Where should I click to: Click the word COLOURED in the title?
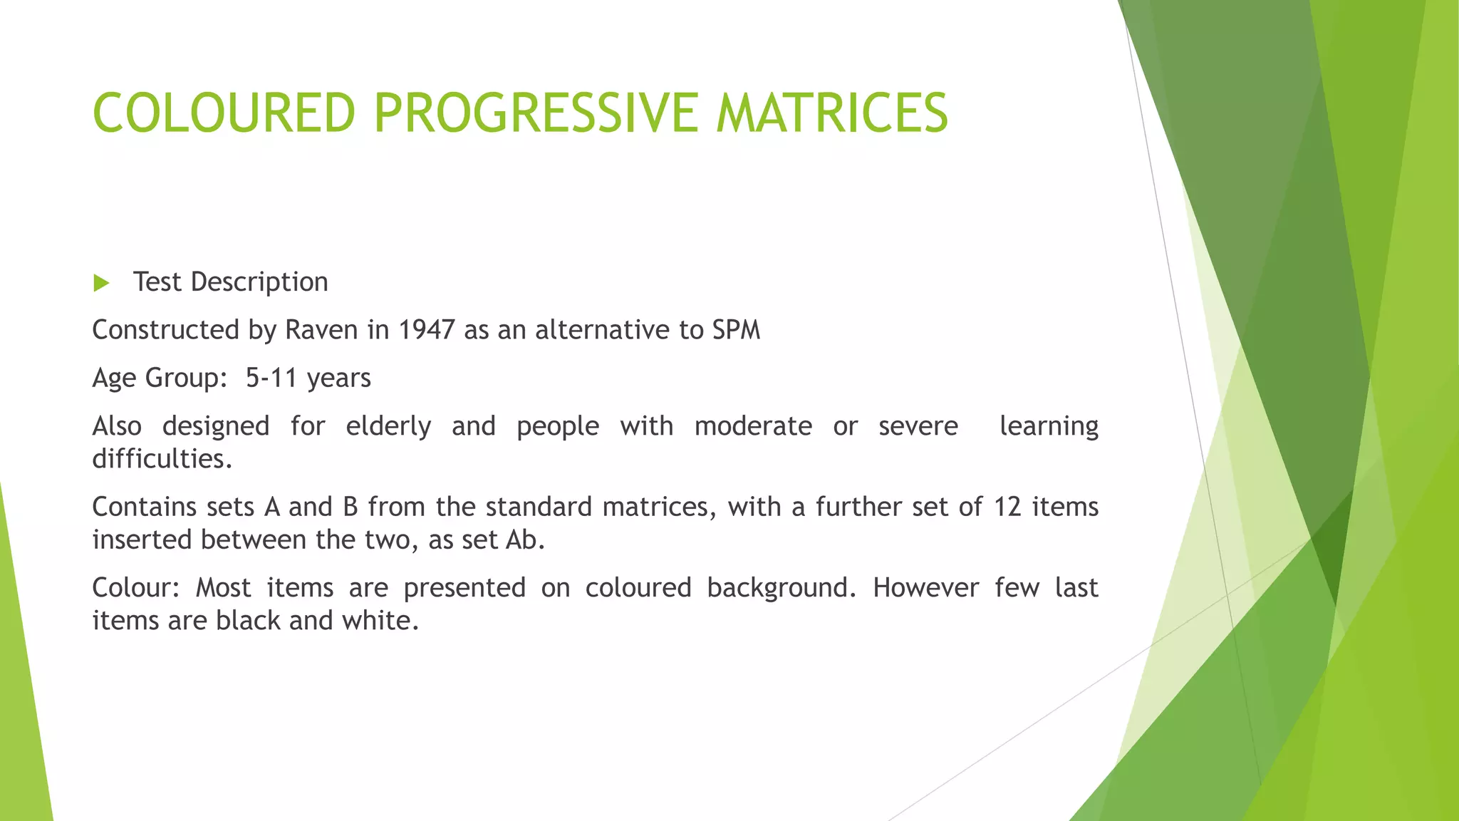[x=224, y=113]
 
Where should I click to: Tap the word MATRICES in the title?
[x=831, y=113]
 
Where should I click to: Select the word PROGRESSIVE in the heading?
[x=534, y=113]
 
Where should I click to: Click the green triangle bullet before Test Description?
[x=101, y=284]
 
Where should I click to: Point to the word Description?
[x=259, y=283]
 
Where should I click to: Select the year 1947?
[x=426, y=330]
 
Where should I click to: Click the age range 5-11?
[x=271, y=378]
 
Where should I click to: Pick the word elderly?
[x=388, y=427]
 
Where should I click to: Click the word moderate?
[x=753, y=426]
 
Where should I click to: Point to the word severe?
[x=918, y=426]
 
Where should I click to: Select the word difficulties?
[x=162, y=459]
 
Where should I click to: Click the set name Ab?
[x=524, y=539]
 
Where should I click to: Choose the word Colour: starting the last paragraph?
[x=136, y=588]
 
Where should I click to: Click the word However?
[x=925, y=588]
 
